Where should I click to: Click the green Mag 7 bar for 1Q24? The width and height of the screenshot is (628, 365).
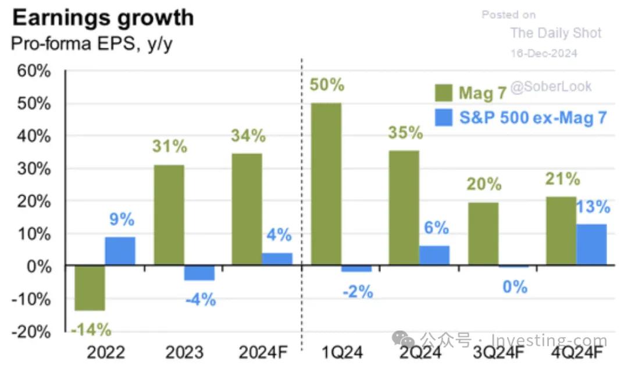(x=326, y=184)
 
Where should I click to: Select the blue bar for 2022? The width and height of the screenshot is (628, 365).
(x=120, y=251)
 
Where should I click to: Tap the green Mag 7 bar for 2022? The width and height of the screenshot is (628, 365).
(x=90, y=288)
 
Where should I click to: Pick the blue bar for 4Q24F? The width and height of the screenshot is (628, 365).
(x=591, y=244)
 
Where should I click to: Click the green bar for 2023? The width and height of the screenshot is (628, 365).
(x=169, y=215)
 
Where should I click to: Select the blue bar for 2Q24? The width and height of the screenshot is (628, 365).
(x=434, y=256)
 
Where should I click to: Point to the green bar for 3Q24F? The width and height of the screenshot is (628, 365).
(x=483, y=234)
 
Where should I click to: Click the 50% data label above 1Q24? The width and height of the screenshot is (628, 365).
(x=326, y=85)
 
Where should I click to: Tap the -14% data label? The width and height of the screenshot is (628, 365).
(x=91, y=330)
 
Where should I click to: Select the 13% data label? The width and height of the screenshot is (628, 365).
(x=593, y=207)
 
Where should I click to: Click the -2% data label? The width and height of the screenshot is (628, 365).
(x=357, y=291)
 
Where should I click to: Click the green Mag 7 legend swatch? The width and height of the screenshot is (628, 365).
(x=444, y=93)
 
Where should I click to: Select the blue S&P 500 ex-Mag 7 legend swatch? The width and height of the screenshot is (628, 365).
(x=444, y=118)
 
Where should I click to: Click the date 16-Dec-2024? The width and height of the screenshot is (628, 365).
(x=544, y=53)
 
